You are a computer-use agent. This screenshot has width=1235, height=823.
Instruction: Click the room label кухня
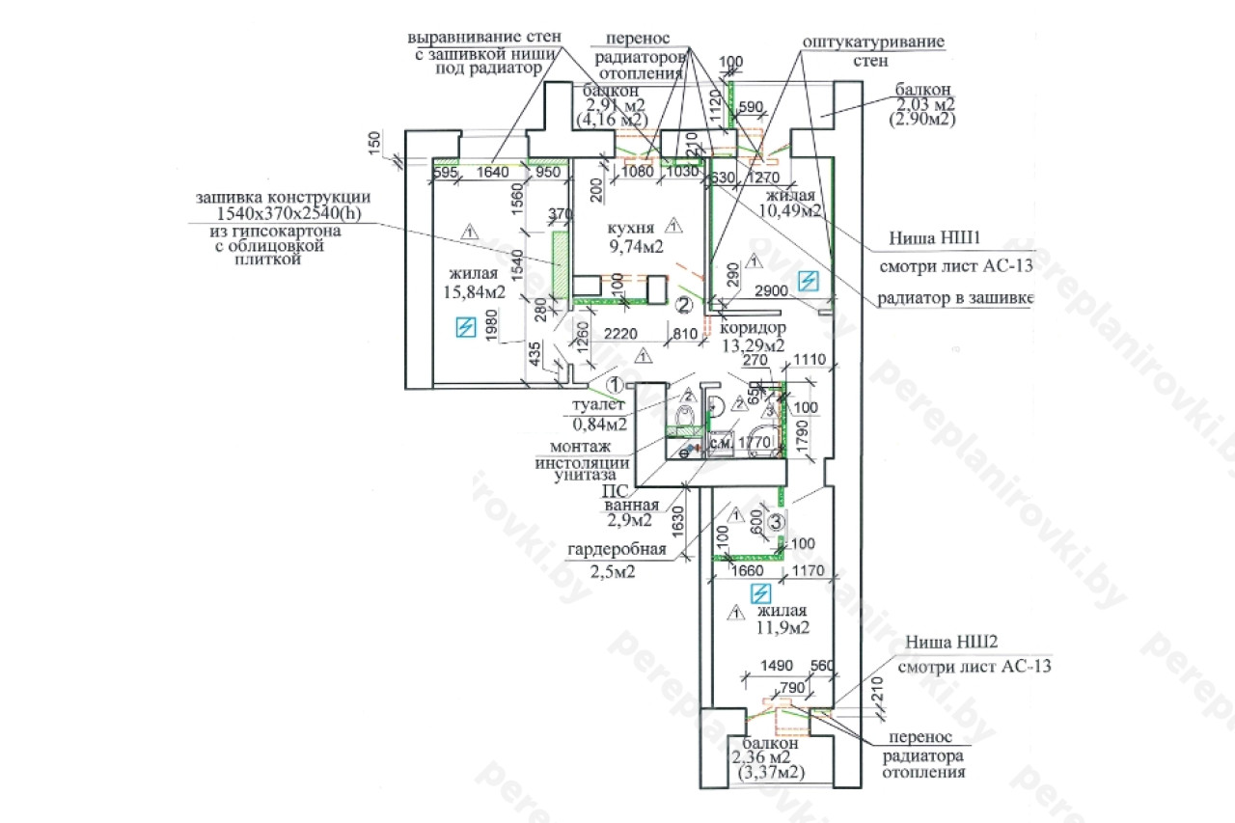pos(632,228)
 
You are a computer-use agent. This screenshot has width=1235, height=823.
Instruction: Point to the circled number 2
pos(683,306)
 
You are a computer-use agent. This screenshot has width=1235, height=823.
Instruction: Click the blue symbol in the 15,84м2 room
pos(466,328)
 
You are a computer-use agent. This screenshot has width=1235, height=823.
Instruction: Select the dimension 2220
pos(622,334)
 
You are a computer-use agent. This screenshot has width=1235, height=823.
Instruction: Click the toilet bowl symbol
pos(685,418)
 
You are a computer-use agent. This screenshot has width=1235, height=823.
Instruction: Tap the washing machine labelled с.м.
pos(722,442)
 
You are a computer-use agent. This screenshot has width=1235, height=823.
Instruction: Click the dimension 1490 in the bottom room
pos(777,666)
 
